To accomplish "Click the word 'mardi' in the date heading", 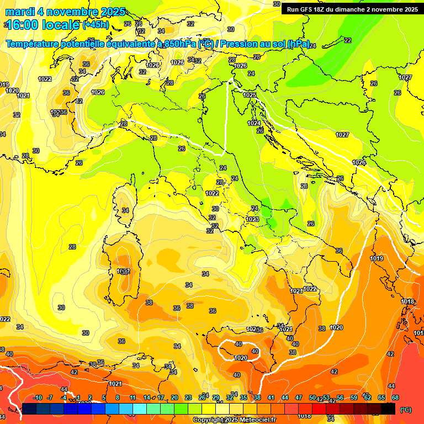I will [19, 12].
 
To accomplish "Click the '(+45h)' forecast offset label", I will [96, 25].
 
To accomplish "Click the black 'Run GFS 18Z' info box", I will [352, 9].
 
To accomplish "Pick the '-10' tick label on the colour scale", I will [38, 398].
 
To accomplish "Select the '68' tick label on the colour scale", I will [395, 398].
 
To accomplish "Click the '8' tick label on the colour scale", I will [118, 398].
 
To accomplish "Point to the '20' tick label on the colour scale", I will [174, 398].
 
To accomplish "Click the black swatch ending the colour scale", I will [388, 409].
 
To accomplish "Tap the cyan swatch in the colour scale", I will [140, 409].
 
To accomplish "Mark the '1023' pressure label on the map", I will [252, 219].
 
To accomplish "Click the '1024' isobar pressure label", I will [254, 123].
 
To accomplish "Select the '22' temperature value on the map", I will [347, 40].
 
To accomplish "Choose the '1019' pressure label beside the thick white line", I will [377, 258].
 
